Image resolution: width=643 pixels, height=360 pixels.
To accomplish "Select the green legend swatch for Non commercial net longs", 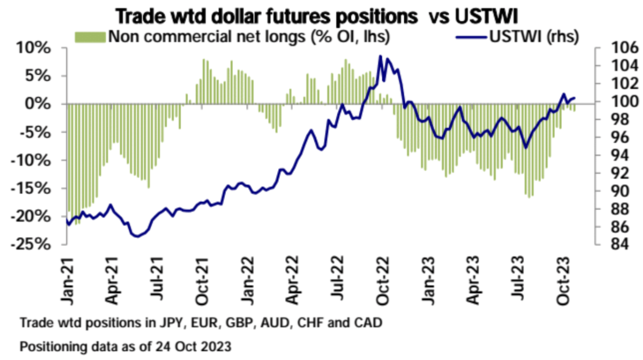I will coord(91,36).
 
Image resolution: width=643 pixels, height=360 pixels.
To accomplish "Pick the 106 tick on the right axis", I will coord(614,48).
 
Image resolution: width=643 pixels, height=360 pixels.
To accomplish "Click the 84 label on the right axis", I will coord(610,244).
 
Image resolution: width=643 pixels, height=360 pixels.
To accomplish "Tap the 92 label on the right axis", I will coord(610,173).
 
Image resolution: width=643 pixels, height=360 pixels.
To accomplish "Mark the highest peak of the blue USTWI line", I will coord(380,56).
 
